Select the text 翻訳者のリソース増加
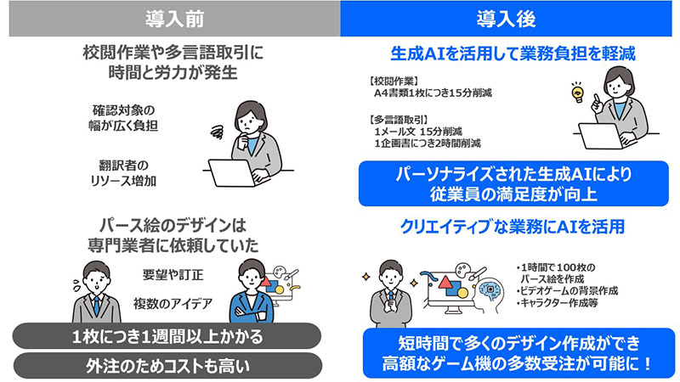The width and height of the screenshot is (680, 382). click(x=128, y=172)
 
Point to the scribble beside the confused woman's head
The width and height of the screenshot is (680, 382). click(x=216, y=130)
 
